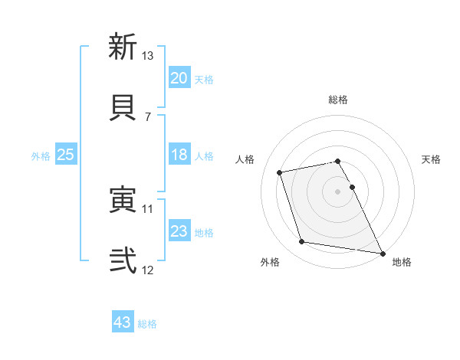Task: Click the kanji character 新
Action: click(x=123, y=47)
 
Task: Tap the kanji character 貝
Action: click(x=123, y=106)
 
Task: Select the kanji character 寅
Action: click(x=123, y=200)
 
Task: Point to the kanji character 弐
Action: click(x=123, y=260)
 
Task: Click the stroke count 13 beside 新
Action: click(x=148, y=56)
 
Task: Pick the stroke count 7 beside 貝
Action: click(x=147, y=116)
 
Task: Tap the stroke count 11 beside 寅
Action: click(x=148, y=208)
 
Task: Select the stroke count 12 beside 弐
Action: click(x=148, y=270)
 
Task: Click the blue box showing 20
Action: click(x=179, y=78)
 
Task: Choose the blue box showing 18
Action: click(x=179, y=155)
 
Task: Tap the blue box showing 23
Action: click(x=179, y=231)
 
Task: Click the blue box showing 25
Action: click(x=66, y=155)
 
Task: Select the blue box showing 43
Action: click(x=123, y=323)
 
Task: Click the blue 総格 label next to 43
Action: click(x=147, y=324)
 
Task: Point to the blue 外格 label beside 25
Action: click(x=41, y=155)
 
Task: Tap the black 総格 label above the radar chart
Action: click(x=338, y=100)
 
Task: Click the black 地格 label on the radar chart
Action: click(x=402, y=262)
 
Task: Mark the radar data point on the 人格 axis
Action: click(x=280, y=172)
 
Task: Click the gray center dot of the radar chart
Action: click(x=338, y=191)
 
